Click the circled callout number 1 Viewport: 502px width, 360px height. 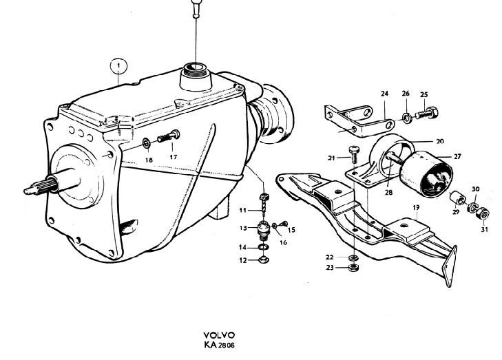(118, 67)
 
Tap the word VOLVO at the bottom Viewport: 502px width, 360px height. (219, 335)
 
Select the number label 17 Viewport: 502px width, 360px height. (174, 157)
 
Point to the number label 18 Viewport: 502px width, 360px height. (149, 160)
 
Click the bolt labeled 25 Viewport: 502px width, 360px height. (427, 113)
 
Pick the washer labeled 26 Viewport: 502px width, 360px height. (406, 118)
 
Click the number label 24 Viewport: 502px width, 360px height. (384, 94)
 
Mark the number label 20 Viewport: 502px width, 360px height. (440, 141)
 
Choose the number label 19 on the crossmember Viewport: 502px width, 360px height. (416, 208)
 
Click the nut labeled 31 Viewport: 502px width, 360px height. (482, 213)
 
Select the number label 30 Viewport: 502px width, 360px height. (475, 189)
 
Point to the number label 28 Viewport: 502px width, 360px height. (388, 193)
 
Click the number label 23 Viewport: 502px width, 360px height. (330, 268)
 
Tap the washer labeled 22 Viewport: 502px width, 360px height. (353, 257)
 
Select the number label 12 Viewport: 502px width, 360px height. (243, 260)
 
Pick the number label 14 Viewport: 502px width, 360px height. (243, 247)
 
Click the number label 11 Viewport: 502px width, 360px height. (242, 211)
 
